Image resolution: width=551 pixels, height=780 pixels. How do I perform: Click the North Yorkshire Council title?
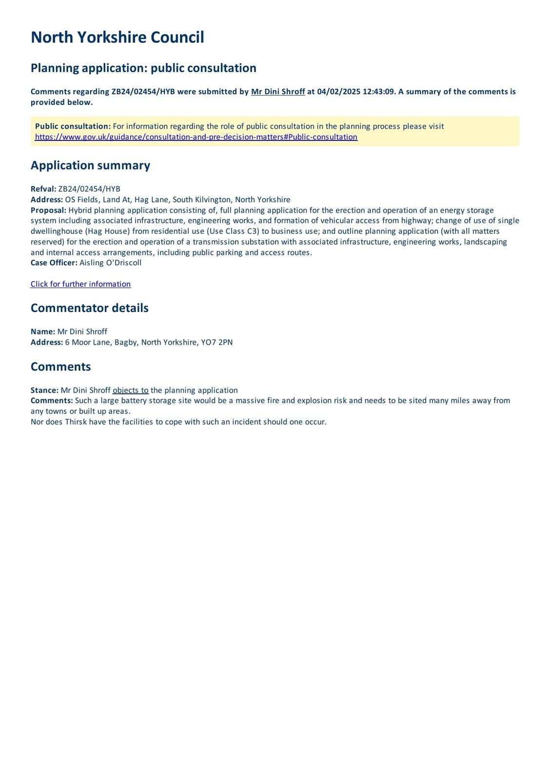117,38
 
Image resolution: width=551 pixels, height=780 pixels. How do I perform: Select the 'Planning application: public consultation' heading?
143,68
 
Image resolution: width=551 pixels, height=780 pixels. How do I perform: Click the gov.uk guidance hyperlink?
196,137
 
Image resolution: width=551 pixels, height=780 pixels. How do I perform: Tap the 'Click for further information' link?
80,284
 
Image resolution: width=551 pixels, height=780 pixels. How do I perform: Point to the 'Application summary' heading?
90,165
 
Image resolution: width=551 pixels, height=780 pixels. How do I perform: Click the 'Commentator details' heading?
89,308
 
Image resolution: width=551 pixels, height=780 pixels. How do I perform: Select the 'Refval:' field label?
43,189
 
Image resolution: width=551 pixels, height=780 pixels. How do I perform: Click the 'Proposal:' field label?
48,210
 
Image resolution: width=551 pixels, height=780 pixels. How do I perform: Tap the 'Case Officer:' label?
54,263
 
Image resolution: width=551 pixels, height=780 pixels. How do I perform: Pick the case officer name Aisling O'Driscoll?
110,263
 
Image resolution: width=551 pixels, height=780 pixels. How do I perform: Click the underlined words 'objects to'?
131,390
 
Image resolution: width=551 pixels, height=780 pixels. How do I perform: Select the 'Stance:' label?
44,390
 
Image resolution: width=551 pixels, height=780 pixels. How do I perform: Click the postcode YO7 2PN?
217,342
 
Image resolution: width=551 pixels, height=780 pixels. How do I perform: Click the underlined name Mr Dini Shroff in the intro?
278,92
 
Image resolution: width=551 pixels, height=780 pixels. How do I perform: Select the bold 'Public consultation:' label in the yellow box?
73,126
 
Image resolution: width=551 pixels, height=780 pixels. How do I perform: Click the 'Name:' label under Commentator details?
43,331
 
